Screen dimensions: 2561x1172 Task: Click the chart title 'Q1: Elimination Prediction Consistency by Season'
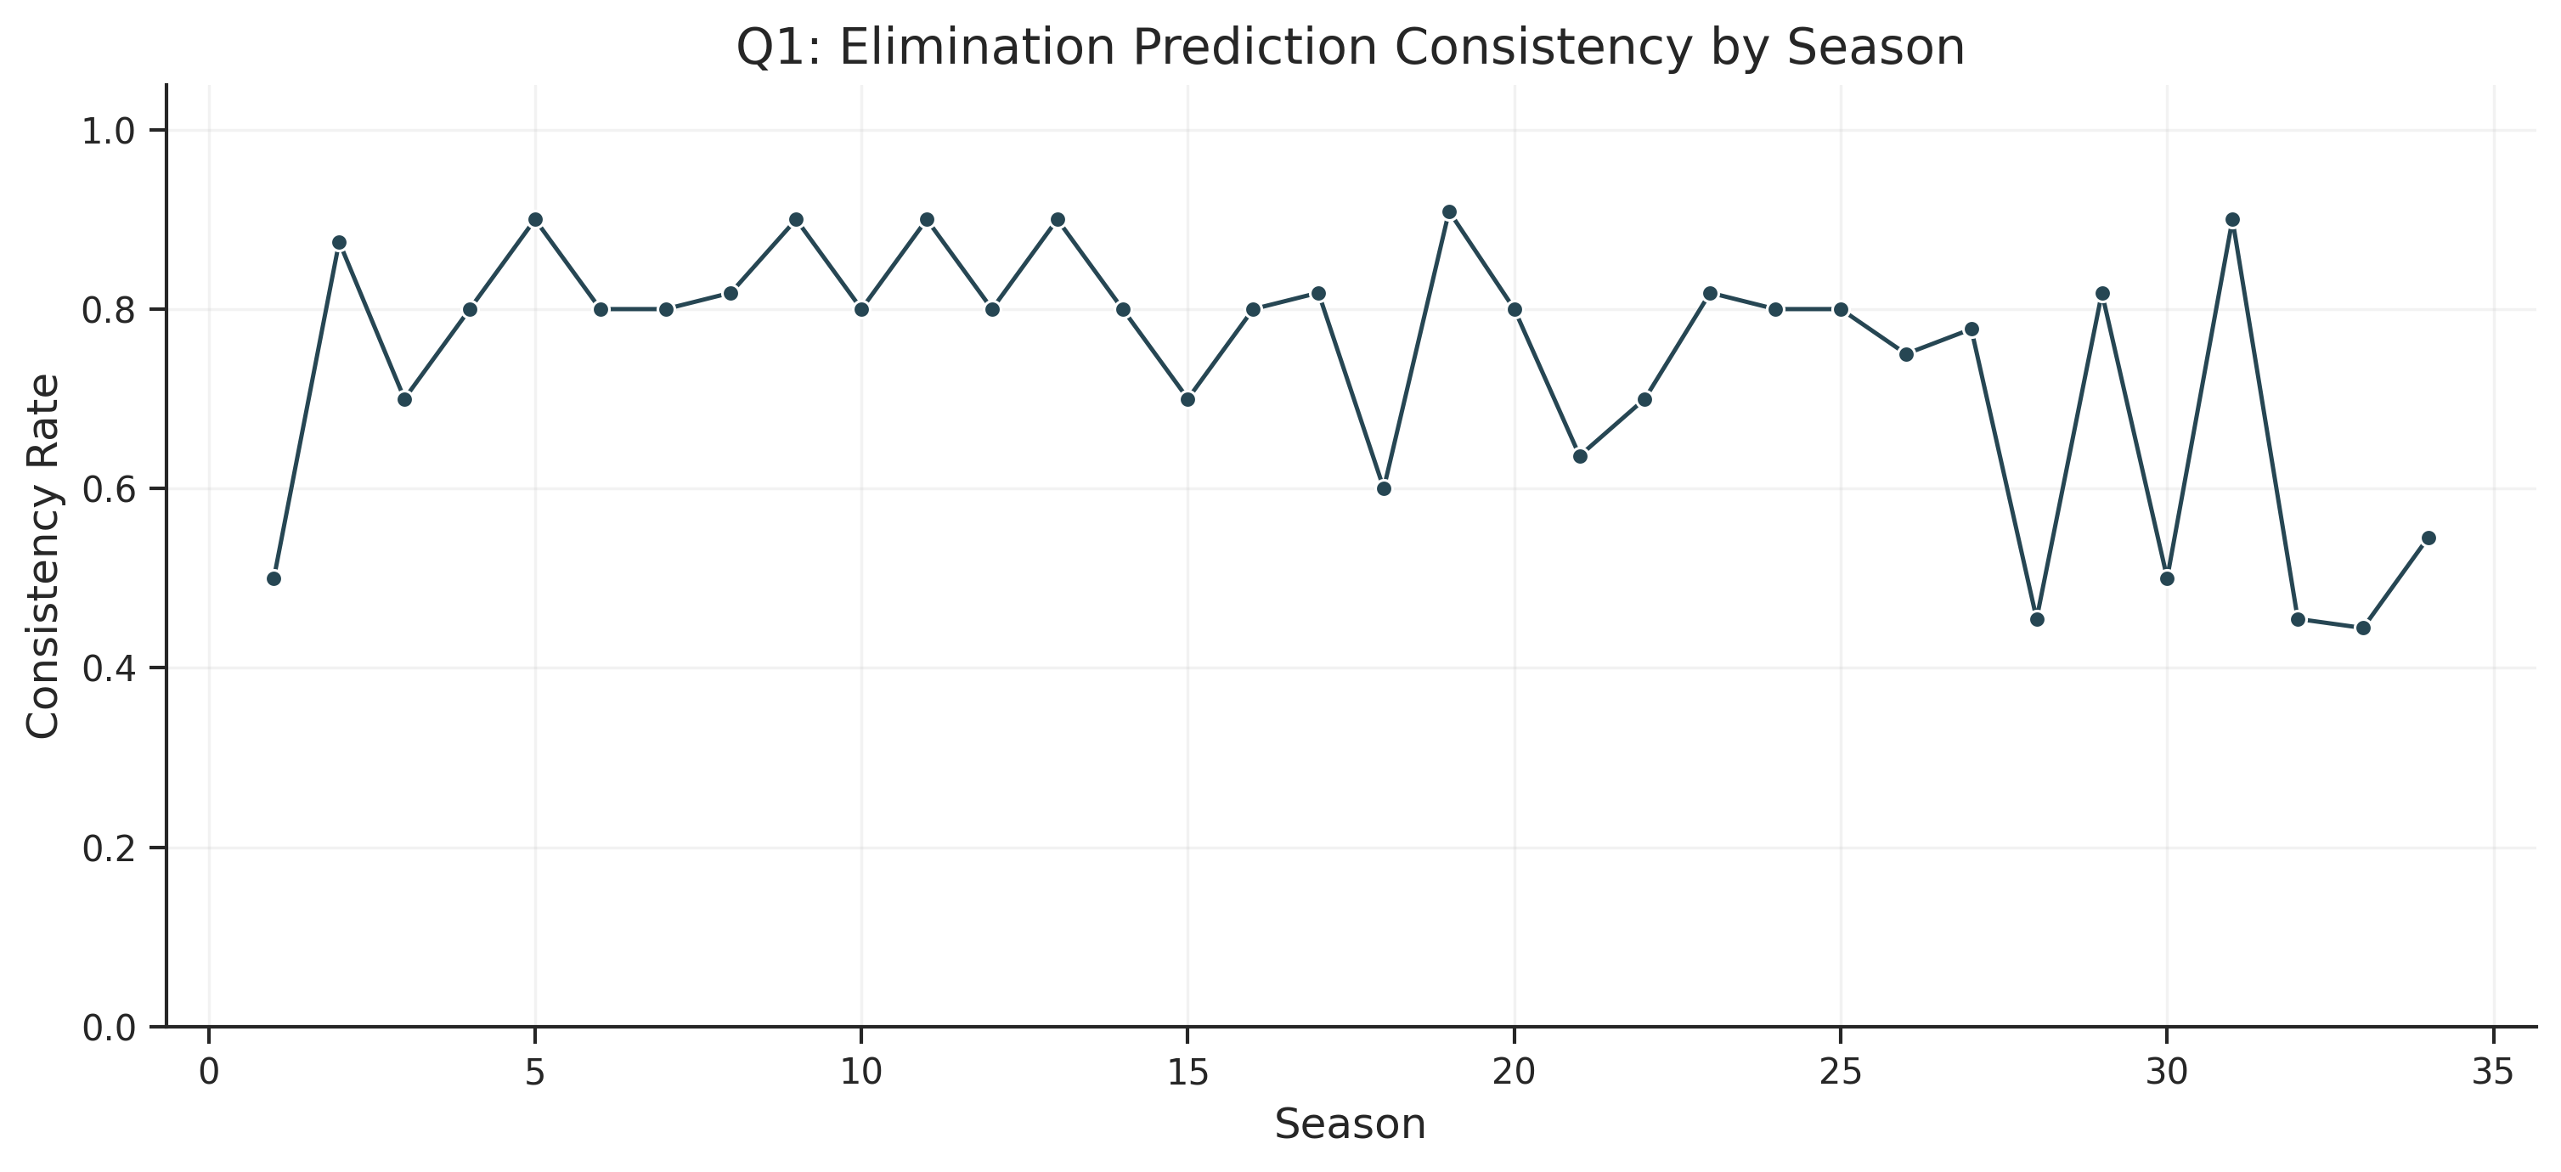coord(1350,48)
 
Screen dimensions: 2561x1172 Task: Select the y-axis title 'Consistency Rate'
coord(42,555)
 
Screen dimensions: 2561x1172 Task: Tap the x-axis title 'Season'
coord(1350,1124)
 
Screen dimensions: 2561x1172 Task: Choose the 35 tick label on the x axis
coord(2493,1073)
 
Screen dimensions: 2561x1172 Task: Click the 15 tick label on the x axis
coord(1187,1073)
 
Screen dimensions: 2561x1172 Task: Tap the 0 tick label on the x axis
coord(209,1073)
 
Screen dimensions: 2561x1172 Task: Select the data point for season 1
coord(274,578)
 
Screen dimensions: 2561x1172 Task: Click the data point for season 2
coord(339,243)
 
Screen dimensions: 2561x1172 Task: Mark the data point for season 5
coord(535,220)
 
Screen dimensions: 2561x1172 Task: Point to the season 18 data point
coord(1384,489)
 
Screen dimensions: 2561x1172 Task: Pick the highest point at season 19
coord(1449,211)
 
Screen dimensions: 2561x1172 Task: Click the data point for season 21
coord(1580,456)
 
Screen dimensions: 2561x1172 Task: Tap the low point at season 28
coord(2037,619)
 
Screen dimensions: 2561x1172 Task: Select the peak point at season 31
coord(2233,220)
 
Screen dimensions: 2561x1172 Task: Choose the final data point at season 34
coord(2428,538)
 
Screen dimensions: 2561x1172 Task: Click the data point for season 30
coord(2168,578)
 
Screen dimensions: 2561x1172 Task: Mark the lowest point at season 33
coord(2363,628)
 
